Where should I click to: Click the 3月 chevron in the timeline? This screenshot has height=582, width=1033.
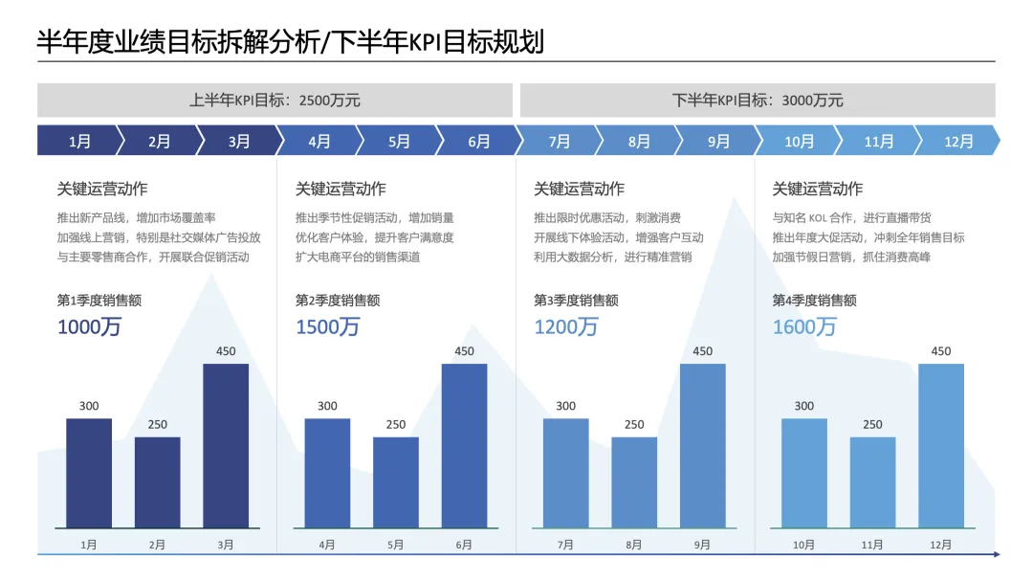click(240, 141)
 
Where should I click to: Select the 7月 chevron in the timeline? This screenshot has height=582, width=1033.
click(560, 141)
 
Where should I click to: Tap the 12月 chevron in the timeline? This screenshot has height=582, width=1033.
click(958, 141)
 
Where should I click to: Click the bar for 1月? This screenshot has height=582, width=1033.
click(89, 473)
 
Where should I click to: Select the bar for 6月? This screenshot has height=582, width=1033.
click(465, 445)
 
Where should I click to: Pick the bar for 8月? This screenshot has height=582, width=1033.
click(634, 482)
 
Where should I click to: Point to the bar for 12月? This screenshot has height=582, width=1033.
click(941, 445)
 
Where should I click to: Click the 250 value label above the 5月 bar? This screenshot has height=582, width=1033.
click(396, 424)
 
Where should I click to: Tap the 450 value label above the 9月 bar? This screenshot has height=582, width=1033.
click(702, 351)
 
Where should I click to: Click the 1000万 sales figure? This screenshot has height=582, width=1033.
click(89, 327)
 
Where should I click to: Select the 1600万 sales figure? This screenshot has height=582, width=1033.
click(804, 327)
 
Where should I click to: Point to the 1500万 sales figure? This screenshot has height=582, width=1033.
click(327, 327)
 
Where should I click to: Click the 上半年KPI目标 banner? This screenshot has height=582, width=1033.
click(275, 101)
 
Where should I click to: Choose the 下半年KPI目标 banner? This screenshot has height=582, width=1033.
click(758, 101)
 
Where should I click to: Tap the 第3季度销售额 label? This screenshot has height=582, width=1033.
click(576, 301)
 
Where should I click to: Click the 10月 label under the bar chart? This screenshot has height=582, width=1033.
click(803, 545)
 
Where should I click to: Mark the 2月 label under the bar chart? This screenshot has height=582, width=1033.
click(157, 545)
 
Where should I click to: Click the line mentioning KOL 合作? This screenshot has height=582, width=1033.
click(851, 217)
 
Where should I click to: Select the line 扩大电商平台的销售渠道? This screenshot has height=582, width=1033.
click(358, 257)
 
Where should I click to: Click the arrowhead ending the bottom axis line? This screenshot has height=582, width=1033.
click(996, 554)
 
